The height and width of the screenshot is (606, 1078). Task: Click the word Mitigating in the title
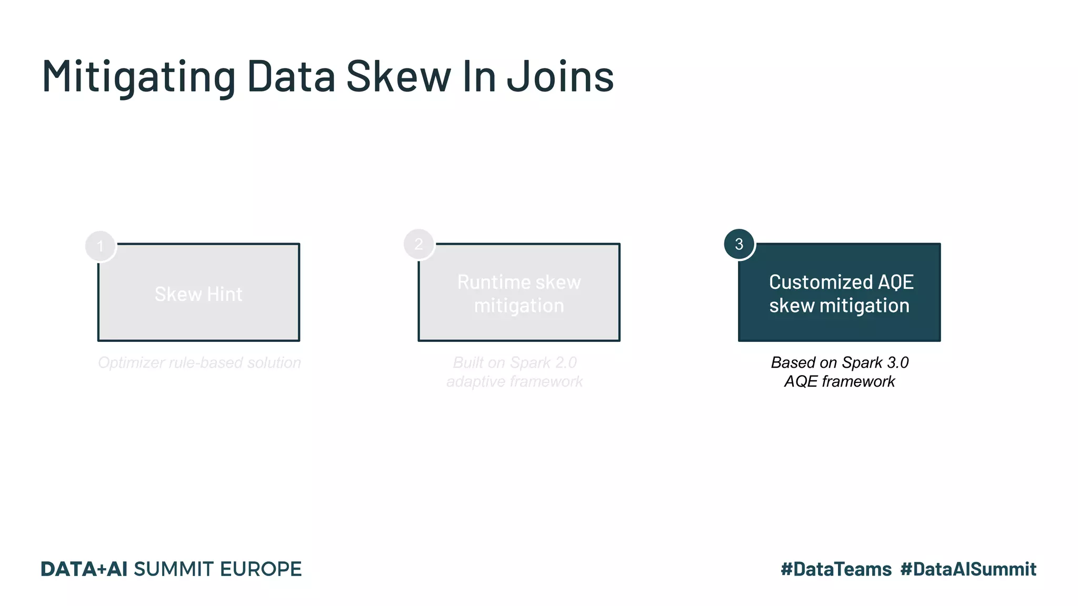(x=138, y=77)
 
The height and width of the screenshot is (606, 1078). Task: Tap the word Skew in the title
(x=398, y=77)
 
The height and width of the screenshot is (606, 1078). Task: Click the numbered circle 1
(x=100, y=246)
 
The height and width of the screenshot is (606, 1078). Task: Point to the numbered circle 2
(x=418, y=244)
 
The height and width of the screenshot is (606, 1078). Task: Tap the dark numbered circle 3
(x=739, y=244)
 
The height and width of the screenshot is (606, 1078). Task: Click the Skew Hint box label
(x=198, y=294)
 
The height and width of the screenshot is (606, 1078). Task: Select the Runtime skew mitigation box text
(x=519, y=294)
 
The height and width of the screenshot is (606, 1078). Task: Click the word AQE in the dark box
(x=895, y=282)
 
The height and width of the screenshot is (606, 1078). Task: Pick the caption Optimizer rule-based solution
(x=199, y=362)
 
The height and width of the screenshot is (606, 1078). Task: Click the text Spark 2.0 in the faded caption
(x=543, y=362)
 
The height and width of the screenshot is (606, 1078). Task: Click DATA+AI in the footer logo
(x=84, y=569)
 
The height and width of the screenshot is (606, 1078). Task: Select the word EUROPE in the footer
(x=261, y=569)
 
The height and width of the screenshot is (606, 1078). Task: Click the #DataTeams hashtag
(x=836, y=569)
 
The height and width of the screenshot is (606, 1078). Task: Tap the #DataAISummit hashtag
(x=968, y=569)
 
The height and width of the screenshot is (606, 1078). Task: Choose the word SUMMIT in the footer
(x=173, y=569)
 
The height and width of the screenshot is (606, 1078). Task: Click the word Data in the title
(x=291, y=77)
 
